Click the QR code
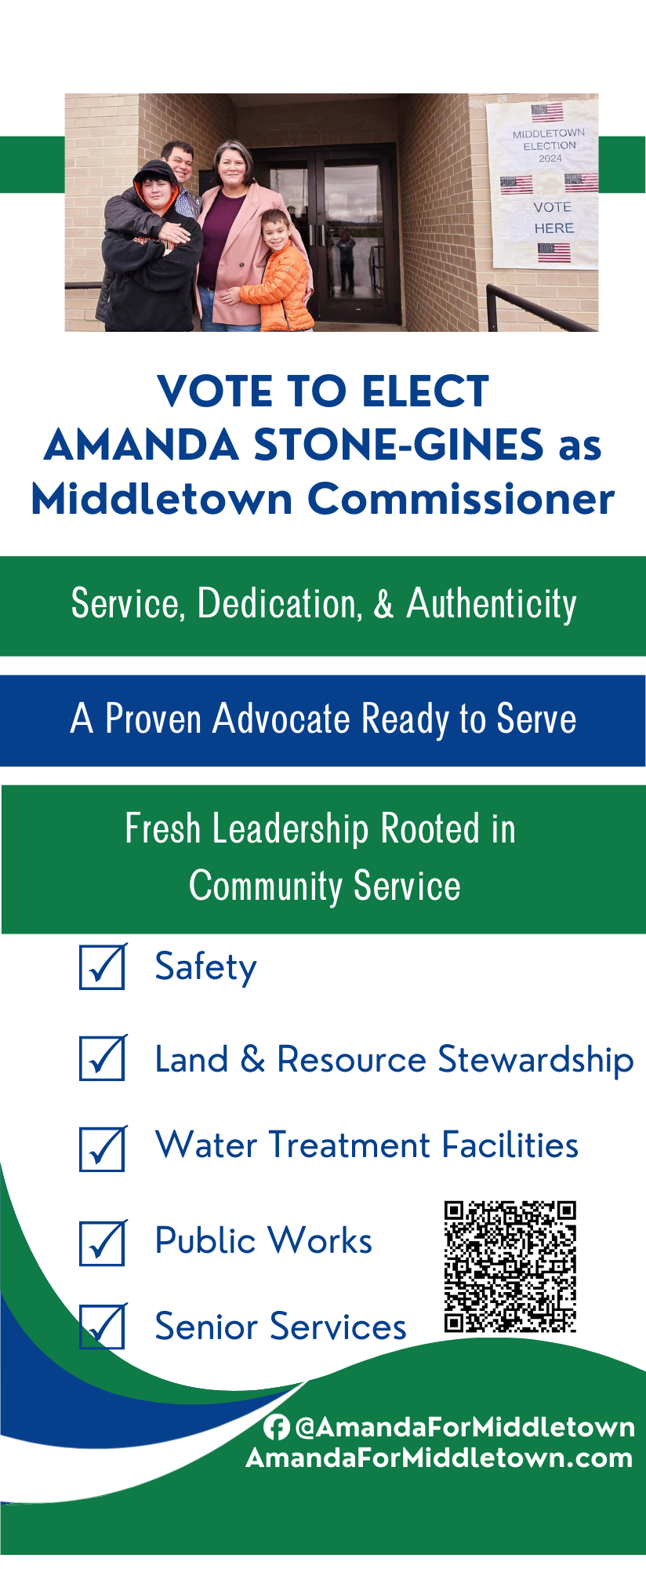[510, 1266]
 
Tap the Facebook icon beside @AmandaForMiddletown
[276, 1427]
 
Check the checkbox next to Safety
[103, 966]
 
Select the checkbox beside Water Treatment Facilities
[103, 1149]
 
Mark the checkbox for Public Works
[103, 1243]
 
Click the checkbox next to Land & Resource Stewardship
[103, 1058]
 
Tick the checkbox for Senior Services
[103, 1327]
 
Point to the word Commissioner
[461, 499]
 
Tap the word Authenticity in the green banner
[492, 604]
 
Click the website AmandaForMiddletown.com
[439, 1458]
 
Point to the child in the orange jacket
[281, 271]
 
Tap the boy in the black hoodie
[149, 247]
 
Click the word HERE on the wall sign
[554, 228]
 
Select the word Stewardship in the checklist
[535, 1061]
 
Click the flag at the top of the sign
[546, 112]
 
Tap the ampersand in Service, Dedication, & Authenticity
[384, 604]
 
